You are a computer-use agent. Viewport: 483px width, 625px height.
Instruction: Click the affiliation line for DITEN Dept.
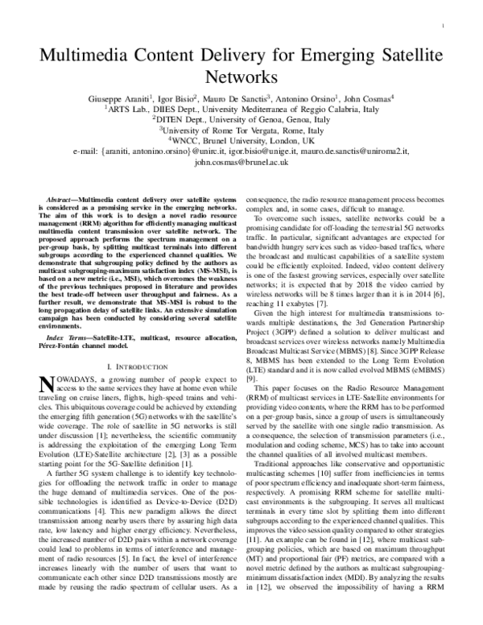pyautogui.click(x=242, y=118)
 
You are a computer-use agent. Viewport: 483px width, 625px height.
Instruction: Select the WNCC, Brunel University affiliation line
pyautogui.click(x=242, y=139)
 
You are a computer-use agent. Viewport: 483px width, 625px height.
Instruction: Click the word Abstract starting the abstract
pyautogui.click(x=60, y=197)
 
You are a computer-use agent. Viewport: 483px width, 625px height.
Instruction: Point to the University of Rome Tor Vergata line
pyautogui.click(x=242, y=129)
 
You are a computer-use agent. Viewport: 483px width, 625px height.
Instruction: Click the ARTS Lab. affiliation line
pyautogui.click(x=242, y=109)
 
